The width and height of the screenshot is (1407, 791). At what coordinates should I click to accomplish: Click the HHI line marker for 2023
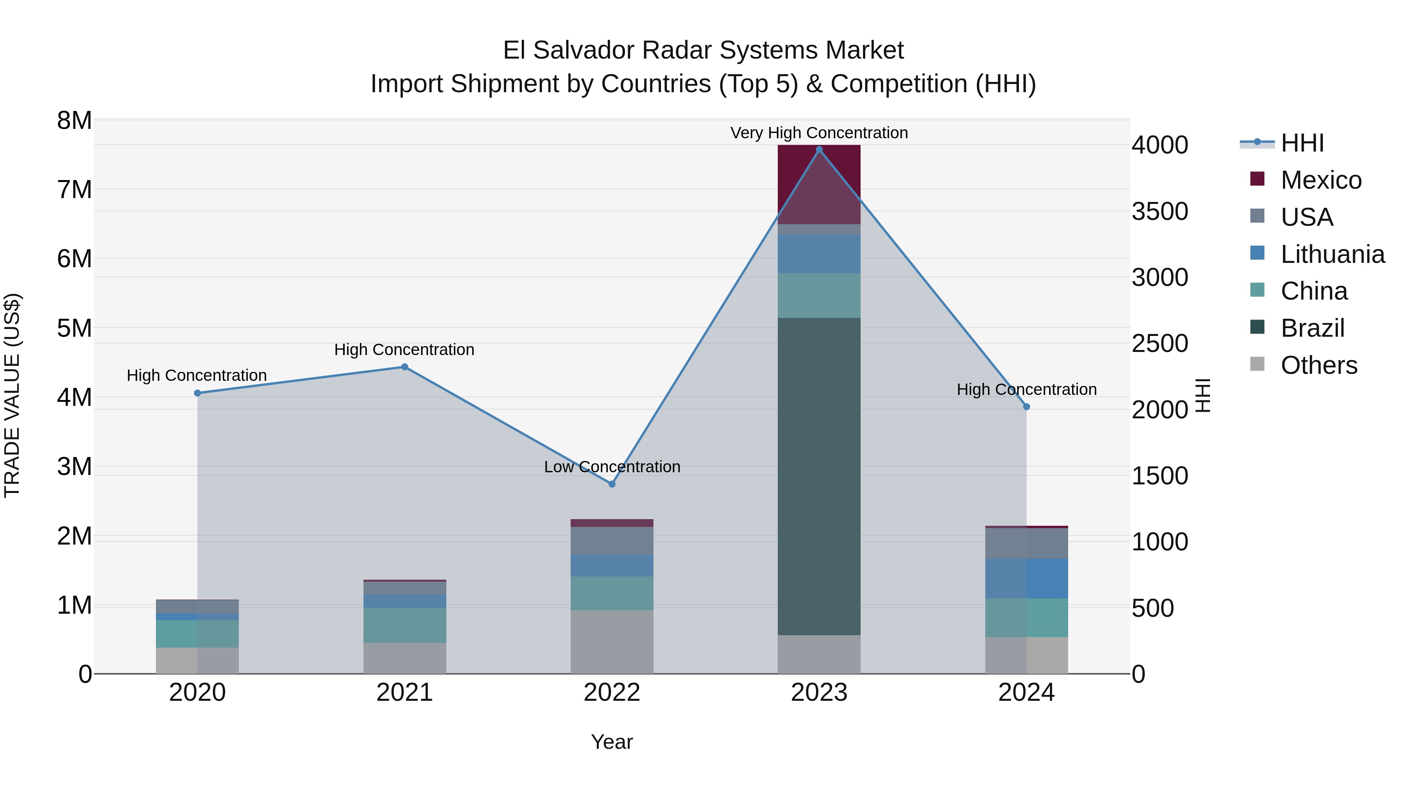[x=819, y=150]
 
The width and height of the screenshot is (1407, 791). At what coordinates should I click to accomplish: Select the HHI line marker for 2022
[x=612, y=484]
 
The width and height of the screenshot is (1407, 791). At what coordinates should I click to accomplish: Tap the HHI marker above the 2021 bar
[x=405, y=367]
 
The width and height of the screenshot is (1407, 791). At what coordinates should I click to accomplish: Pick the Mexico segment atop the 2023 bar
[x=819, y=184]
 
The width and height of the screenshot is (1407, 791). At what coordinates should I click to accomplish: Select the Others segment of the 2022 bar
[x=612, y=641]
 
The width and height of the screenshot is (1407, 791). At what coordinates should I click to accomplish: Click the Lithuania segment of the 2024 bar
[x=1026, y=578]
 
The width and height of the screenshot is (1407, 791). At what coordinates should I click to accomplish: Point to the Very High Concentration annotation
[x=819, y=133]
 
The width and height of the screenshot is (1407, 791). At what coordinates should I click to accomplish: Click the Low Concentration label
[x=612, y=467]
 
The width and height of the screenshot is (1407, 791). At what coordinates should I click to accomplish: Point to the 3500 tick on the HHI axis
[x=1160, y=211]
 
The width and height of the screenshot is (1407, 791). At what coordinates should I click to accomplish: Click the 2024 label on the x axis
[x=1026, y=693]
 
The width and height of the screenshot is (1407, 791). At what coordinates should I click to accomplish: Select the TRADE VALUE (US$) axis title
[x=12, y=395]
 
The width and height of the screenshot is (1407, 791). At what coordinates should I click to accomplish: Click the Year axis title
[x=612, y=742]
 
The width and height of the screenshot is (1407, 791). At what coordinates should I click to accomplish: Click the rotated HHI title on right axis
[x=1203, y=395]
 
